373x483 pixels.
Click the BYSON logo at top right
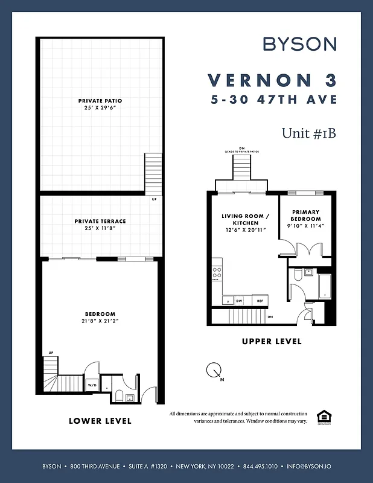(x=299, y=43)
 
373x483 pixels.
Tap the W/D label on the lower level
(x=93, y=384)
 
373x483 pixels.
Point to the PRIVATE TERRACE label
(x=100, y=221)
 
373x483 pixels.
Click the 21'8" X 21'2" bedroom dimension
(x=100, y=321)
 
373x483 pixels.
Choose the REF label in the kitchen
(x=260, y=300)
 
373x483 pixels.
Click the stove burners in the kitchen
(x=216, y=273)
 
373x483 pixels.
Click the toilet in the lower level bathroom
(x=118, y=396)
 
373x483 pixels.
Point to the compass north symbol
(x=213, y=370)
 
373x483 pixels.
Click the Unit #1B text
(x=308, y=133)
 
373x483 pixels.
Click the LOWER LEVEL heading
(x=100, y=420)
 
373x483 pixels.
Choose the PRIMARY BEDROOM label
(x=305, y=215)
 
